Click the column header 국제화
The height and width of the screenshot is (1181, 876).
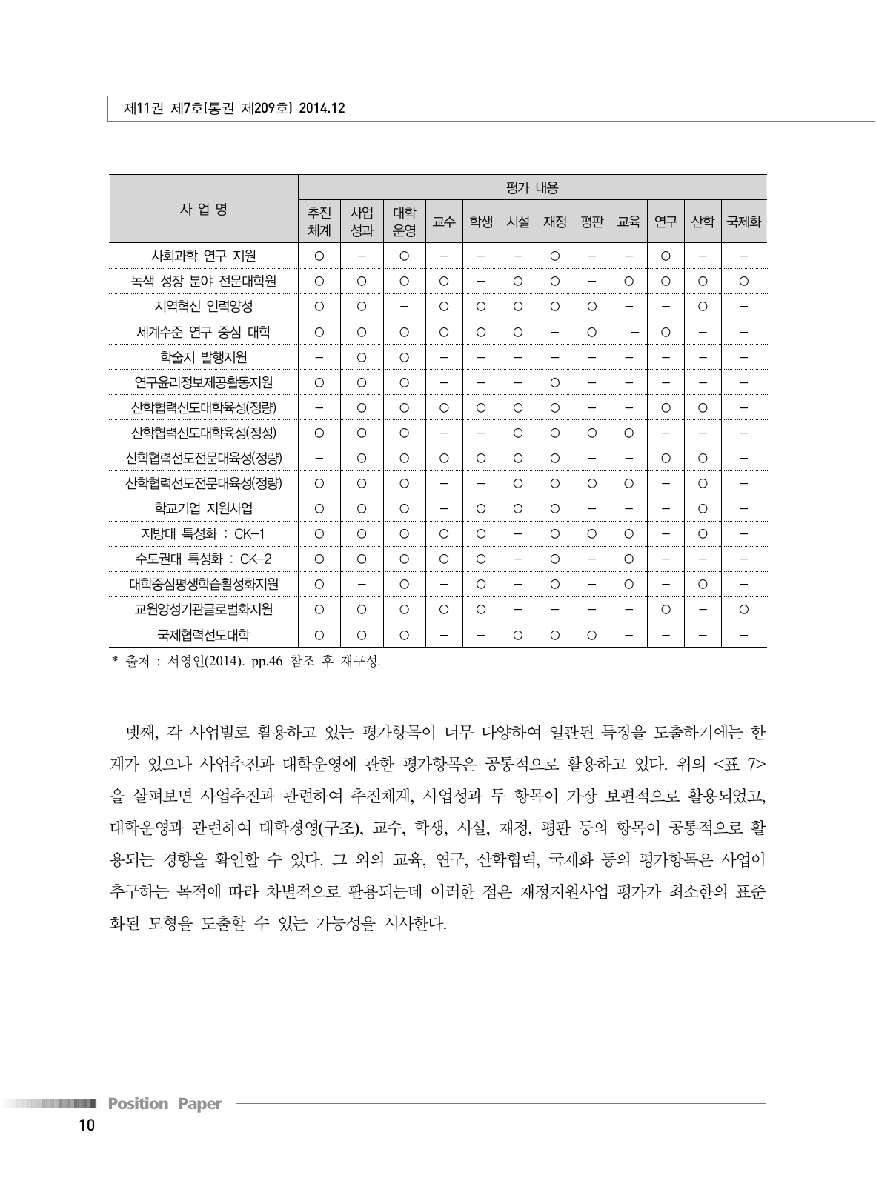coord(743,221)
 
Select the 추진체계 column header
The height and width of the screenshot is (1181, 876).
coord(319,221)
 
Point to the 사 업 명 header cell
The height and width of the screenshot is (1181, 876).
coord(203,209)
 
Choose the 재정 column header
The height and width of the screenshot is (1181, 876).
coord(554,221)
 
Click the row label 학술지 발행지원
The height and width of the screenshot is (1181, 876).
coord(204,357)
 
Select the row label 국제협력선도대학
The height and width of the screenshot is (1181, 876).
coord(204,635)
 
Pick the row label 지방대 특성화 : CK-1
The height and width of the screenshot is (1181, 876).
coord(204,534)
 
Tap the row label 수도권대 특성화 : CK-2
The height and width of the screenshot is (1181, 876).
coord(204,559)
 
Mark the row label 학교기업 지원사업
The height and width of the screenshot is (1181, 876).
coord(204,509)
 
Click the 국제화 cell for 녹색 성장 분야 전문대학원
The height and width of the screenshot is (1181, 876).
coord(743,282)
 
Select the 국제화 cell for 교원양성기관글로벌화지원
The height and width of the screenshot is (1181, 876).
coord(743,610)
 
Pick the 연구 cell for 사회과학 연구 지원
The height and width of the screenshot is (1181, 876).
coord(666,256)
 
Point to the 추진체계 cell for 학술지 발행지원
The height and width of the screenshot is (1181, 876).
coord(319,357)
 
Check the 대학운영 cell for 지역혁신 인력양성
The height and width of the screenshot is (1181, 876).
coord(404,307)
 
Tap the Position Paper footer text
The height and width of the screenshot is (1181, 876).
coord(165,1104)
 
